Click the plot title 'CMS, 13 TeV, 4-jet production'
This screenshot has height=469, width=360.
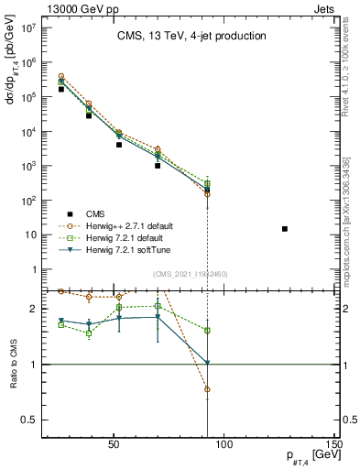[x=191, y=36]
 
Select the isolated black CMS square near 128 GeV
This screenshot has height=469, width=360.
[x=285, y=228]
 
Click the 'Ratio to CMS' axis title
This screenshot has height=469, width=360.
[x=13, y=365]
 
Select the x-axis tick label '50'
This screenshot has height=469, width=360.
[x=114, y=449]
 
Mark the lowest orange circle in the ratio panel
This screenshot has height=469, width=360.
[x=208, y=389]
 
